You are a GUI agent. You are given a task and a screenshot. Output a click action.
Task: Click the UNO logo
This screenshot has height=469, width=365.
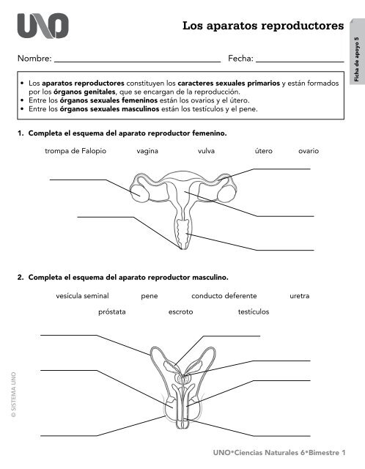click(x=43, y=26)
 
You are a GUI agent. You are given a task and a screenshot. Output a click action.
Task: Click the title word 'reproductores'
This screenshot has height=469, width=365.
click(x=303, y=26)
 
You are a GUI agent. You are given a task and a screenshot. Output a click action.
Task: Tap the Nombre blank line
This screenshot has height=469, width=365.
click(x=137, y=62)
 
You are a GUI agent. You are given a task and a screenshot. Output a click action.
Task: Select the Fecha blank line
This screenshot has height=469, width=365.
click(x=300, y=62)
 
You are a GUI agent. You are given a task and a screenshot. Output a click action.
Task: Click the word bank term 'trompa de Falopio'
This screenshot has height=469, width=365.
click(x=75, y=151)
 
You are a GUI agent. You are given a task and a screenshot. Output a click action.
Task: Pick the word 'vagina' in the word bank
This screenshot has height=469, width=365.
click(x=147, y=152)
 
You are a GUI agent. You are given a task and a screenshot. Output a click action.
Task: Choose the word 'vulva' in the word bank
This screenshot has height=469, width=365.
click(x=206, y=151)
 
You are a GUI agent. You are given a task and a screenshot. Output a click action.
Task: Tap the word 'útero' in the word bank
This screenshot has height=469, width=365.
click(x=264, y=151)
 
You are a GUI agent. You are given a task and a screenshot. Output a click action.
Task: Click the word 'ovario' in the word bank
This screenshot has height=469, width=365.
click(x=309, y=151)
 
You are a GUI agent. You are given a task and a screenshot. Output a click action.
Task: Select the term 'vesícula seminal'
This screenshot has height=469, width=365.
click(x=82, y=296)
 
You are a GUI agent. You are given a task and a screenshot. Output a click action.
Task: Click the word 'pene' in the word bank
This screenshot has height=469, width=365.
click(x=150, y=296)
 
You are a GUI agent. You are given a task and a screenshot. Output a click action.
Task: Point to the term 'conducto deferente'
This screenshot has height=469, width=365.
click(x=224, y=296)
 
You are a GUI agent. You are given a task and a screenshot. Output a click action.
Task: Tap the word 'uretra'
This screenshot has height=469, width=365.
click(x=300, y=296)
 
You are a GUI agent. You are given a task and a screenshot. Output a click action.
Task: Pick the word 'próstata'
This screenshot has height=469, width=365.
click(x=112, y=312)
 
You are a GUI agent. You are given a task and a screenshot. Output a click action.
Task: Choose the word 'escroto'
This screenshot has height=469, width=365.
click(x=181, y=312)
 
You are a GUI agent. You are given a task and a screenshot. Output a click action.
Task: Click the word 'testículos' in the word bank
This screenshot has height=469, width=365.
click(x=254, y=311)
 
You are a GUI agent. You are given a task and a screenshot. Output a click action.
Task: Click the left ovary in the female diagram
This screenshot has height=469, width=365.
click(x=139, y=193)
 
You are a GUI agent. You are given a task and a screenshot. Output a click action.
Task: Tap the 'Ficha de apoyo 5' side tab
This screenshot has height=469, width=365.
click(x=357, y=52)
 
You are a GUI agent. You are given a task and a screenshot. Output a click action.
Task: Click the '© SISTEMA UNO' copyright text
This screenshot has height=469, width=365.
click(x=13, y=395)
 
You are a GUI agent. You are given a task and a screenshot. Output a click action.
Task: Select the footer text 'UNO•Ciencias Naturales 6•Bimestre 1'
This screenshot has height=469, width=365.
click(x=279, y=453)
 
